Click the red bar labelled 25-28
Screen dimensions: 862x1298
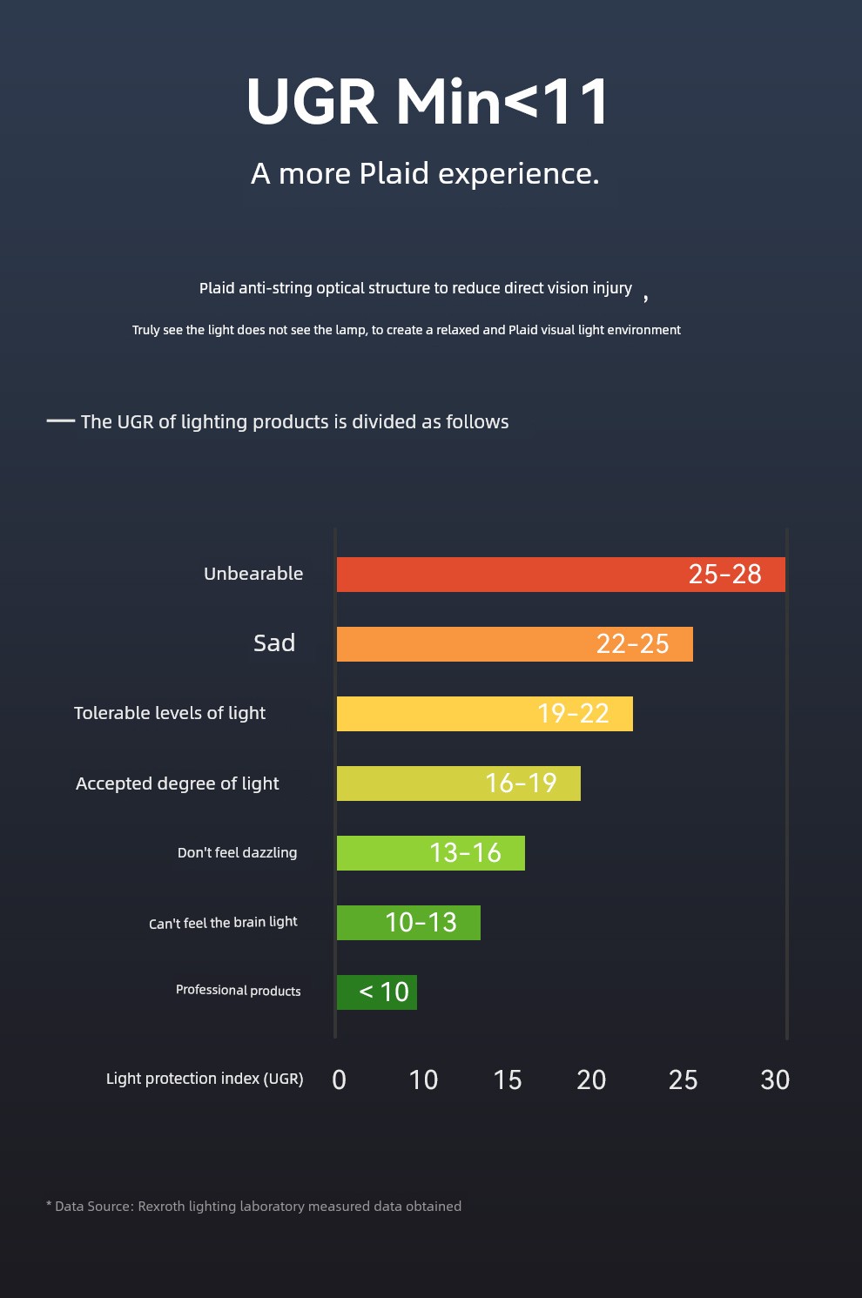561,575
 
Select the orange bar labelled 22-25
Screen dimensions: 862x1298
515,644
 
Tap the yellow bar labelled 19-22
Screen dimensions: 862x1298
485,713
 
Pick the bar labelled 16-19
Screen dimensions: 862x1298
459,783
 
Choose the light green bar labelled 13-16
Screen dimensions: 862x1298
431,852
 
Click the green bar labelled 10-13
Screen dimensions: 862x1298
408,922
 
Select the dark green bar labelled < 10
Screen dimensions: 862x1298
377,992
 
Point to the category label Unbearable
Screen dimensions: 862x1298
253,574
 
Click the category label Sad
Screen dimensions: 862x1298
274,642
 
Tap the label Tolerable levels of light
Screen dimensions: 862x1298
169,713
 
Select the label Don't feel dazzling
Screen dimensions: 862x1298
237,852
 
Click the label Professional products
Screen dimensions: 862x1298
239,991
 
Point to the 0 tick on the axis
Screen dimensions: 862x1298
339,1080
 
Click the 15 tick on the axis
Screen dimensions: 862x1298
508,1080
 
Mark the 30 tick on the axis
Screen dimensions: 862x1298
775,1080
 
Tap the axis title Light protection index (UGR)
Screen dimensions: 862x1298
205,1079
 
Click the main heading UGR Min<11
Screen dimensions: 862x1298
428,102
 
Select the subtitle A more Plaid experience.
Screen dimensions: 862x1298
425,173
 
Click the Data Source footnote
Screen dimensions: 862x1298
254,1206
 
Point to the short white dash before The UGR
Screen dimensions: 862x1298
61,420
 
